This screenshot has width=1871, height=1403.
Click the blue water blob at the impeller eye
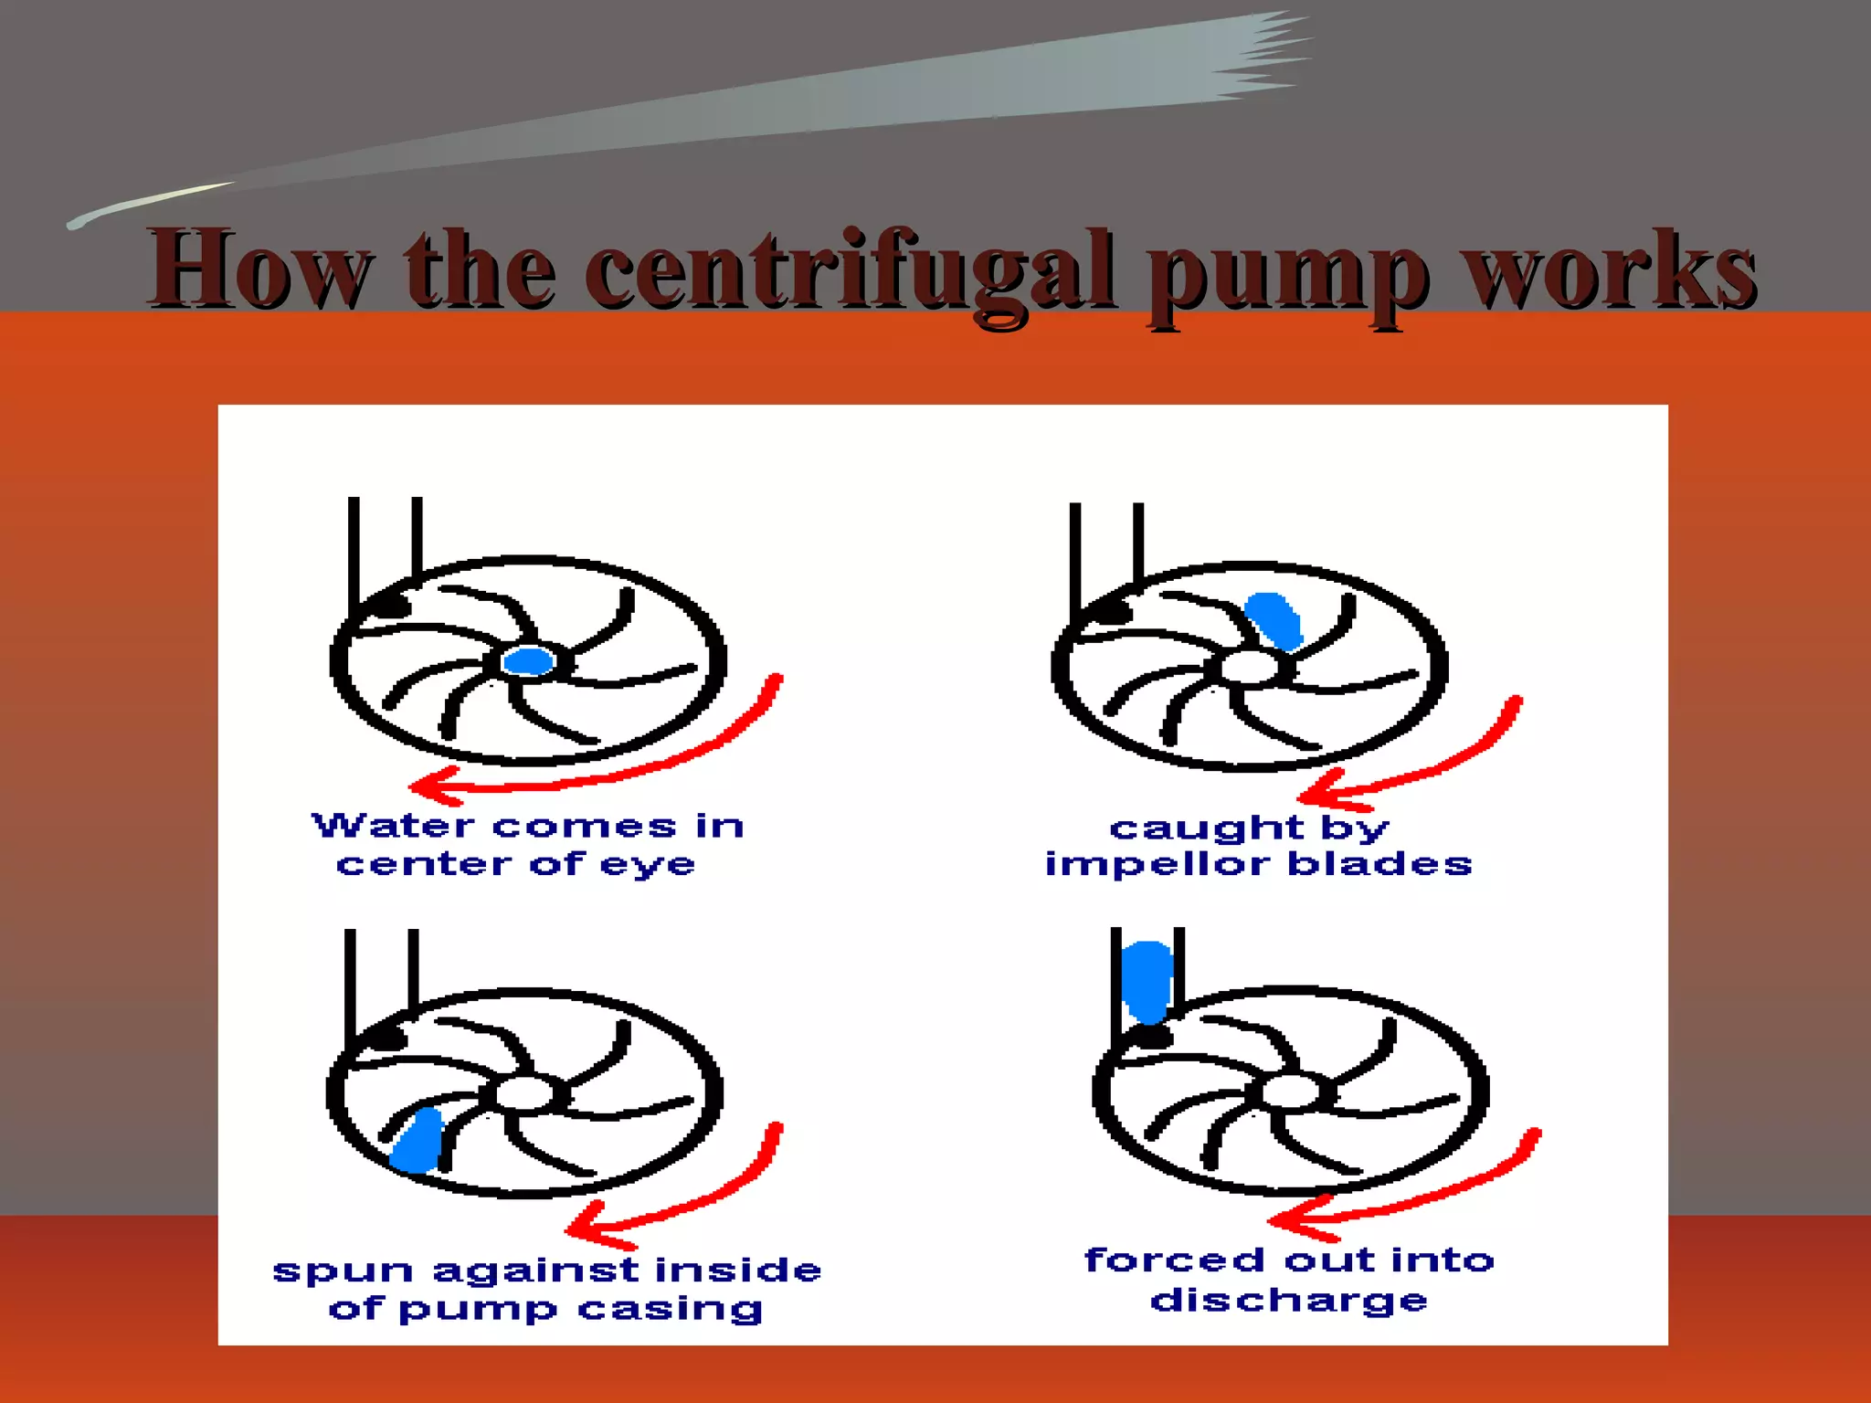click(529, 660)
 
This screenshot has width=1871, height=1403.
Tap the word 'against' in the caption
click(535, 1271)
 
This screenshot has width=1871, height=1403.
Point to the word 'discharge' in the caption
click(1288, 1300)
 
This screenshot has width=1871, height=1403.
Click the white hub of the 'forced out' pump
click(1289, 1092)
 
